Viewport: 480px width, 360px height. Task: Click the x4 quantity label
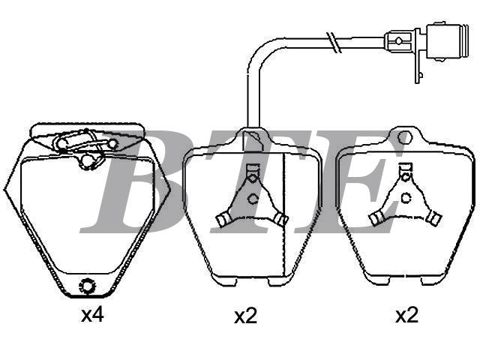pyautogui.click(x=92, y=315)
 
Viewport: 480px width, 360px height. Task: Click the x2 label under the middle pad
pyautogui.click(x=245, y=316)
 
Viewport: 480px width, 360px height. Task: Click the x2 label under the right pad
pyautogui.click(x=406, y=315)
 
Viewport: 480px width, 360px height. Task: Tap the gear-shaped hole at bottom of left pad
pyautogui.click(x=87, y=286)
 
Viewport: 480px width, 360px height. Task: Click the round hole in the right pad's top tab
pyautogui.click(x=405, y=137)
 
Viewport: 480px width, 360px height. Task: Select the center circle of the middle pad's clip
pyautogui.click(x=253, y=199)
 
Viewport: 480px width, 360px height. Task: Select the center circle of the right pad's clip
pyautogui.click(x=406, y=198)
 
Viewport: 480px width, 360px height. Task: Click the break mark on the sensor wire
pyautogui.click(x=334, y=42)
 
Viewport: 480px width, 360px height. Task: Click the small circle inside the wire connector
pyautogui.click(x=398, y=40)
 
